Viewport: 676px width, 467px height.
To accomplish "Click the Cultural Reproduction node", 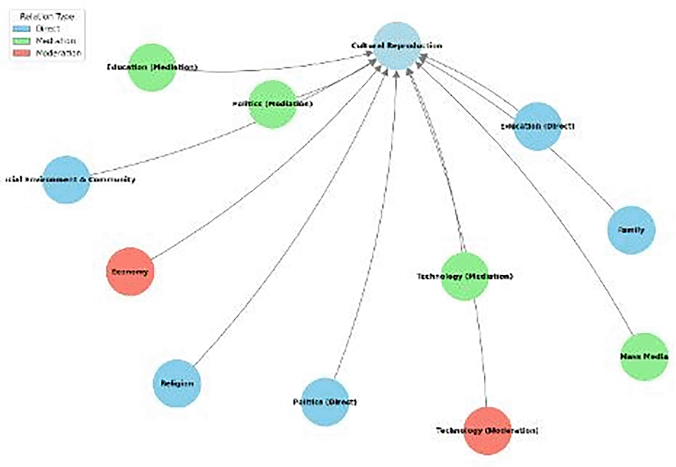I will coord(396,46).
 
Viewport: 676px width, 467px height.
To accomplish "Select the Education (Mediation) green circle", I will coord(152,67).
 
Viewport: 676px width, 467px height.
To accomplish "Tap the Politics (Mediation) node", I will coord(273,104).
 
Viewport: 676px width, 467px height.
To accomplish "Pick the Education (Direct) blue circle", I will coord(537,126).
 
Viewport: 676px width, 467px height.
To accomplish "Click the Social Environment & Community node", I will coord(66,180).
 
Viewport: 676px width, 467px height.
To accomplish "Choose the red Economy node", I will coord(130,272).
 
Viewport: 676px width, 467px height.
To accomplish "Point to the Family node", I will coord(631,230).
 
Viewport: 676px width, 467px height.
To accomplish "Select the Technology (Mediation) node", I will coord(465,276).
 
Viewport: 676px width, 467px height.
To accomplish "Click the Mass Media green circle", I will coord(644,357).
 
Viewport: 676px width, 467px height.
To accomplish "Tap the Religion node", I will coord(177,383).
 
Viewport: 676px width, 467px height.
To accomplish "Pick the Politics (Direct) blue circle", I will coord(325,402).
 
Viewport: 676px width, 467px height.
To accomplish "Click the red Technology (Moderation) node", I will coord(487,431).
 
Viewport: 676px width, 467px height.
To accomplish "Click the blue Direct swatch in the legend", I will coord(21,29).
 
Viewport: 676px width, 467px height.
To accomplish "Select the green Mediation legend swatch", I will coord(21,41).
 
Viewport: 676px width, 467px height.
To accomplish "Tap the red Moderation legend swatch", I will coord(21,53).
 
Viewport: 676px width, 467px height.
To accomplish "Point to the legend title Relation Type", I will coord(47,17).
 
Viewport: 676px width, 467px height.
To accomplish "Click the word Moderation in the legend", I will coord(58,53).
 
